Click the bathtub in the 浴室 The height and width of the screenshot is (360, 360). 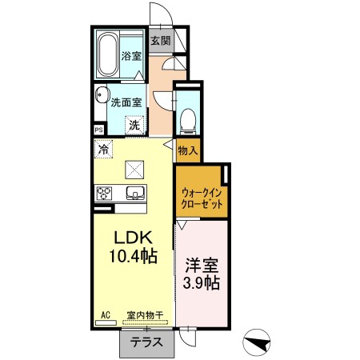108,54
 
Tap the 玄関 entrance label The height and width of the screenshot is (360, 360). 161,41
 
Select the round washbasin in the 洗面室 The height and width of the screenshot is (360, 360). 102,95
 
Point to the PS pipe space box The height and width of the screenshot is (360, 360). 99,130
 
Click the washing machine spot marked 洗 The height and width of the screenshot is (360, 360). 134,125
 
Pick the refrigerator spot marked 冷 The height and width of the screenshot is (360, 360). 103,149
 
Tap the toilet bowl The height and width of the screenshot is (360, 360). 188,122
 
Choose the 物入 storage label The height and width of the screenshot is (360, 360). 188,151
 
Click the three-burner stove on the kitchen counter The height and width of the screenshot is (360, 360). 104,194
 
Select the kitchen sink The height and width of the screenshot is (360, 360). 135,193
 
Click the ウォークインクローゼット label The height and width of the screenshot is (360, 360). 202,198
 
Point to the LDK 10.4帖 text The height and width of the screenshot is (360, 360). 133,246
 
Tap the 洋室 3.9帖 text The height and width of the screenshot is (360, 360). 202,274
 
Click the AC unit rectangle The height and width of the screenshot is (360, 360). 106,322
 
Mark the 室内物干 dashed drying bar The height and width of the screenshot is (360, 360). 146,322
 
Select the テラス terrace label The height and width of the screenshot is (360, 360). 146,342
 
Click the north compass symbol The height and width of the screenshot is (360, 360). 257,342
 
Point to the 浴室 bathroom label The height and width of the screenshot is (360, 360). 131,56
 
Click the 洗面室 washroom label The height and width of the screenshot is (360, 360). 126,102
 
